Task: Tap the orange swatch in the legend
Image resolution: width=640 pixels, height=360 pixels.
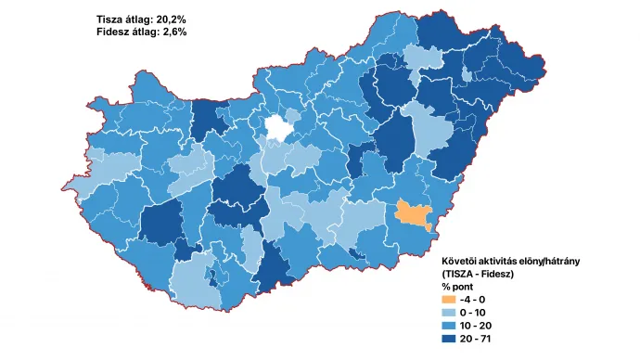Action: click(450, 300)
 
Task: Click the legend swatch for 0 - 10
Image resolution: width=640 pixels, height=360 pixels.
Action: click(450, 313)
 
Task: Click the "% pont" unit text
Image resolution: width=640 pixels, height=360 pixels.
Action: click(458, 287)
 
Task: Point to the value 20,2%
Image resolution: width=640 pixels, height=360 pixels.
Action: click(168, 19)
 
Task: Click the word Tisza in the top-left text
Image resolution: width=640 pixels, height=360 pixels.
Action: click(112, 19)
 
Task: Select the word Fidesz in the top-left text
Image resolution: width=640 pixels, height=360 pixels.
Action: click(116, 32)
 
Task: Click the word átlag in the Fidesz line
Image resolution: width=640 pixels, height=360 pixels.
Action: click(151, 32)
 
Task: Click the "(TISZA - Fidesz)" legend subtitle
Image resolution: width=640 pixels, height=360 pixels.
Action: click(477, 275)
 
